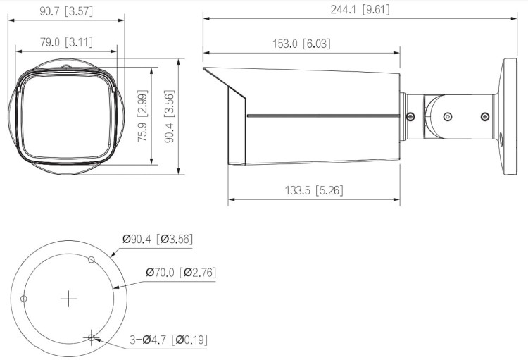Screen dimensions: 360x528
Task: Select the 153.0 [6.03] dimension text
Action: (x=301, y=44)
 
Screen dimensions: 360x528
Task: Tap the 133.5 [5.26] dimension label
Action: (x=314, y=190)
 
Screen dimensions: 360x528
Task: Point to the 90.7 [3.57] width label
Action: (x=67, y=11)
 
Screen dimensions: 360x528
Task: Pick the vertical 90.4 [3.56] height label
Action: (x=168, y=117)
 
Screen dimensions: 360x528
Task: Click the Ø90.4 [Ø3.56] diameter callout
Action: (x=158, y=240)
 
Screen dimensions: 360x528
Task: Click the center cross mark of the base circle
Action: (x=68, y=299)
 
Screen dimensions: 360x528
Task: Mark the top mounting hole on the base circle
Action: (x=91, y=260)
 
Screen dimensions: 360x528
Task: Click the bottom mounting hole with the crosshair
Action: (x=91, y=339)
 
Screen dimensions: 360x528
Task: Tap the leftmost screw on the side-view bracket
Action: (x=410, y=116)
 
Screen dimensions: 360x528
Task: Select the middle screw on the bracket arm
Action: (x=446, y=116)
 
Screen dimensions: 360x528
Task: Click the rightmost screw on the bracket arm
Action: (x=483, y=116)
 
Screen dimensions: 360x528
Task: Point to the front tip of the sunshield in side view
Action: (x=204, y=69)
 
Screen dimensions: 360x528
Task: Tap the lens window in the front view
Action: (x=65, y=120)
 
